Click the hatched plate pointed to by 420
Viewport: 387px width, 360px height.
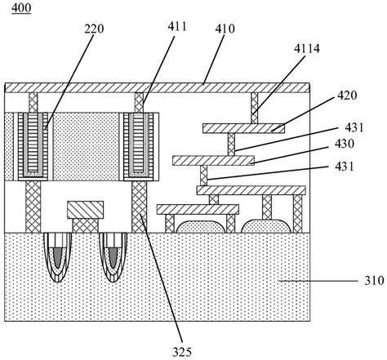coord(243,127)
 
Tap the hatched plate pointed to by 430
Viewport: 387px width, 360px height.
coord(214,160)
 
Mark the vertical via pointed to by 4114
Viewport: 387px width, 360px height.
coord(254,104)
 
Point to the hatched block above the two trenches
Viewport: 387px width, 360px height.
coord(87,211)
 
